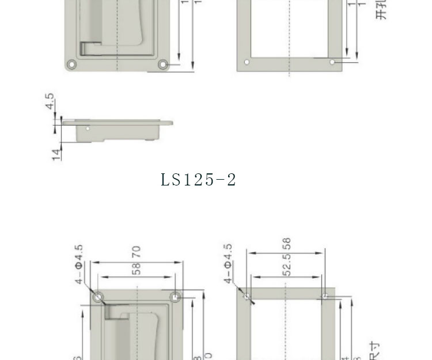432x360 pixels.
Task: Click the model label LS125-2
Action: point(198,180)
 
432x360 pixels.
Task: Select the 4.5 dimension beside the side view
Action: point(51,102)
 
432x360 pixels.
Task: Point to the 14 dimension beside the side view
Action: point(56,154)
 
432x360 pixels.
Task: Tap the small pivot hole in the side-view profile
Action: point(88,128)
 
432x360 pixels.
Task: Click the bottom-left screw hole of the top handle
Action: point(71,64)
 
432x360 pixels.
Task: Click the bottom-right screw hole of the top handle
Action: point(163,64)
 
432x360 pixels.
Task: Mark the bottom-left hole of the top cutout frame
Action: point(247,62)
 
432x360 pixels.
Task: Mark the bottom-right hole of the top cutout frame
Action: point(332,62)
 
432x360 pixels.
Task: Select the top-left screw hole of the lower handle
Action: point(98,297)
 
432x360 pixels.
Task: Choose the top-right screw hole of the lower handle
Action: point(176,297)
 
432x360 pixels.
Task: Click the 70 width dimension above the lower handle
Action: point(137,252)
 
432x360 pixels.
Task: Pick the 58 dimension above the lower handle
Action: point(137,268)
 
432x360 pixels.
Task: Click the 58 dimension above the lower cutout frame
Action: point(287,244)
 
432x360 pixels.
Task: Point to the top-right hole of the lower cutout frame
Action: point(325,297)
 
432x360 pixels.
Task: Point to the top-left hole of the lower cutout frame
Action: point(247,297)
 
